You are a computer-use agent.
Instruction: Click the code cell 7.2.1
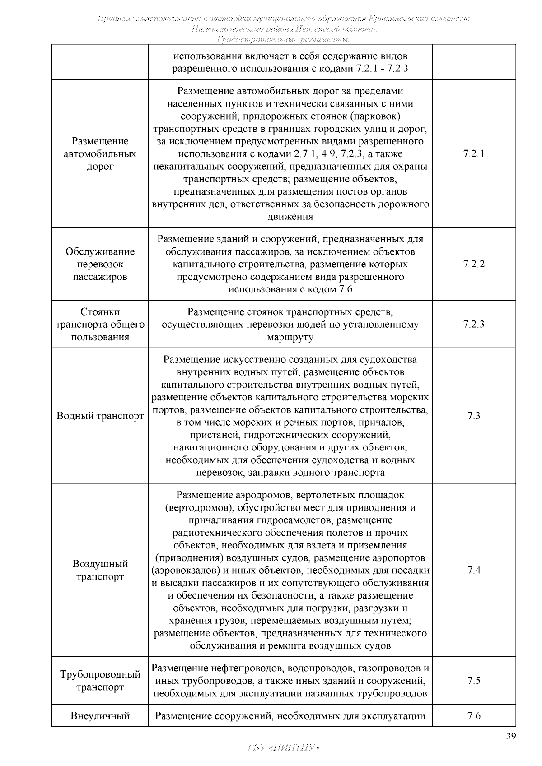474,154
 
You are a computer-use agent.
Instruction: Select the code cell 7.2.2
474,264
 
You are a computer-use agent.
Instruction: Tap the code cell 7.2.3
474,324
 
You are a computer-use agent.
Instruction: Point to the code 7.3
474,416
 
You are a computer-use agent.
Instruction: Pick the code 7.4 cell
474,570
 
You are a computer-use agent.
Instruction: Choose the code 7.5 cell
474,681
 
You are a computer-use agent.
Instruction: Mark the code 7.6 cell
474,716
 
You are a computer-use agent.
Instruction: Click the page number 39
510,737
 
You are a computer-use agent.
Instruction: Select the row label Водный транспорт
100,416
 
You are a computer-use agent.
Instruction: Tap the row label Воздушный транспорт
100,570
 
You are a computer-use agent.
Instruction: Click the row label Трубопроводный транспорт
100,681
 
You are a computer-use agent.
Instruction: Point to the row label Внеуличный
100,716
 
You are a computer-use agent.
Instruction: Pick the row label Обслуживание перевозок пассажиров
100,264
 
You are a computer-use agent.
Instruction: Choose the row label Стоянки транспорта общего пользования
100,324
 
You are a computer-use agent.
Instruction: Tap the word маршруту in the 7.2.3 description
290,337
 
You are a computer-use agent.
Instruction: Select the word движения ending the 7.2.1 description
290,217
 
